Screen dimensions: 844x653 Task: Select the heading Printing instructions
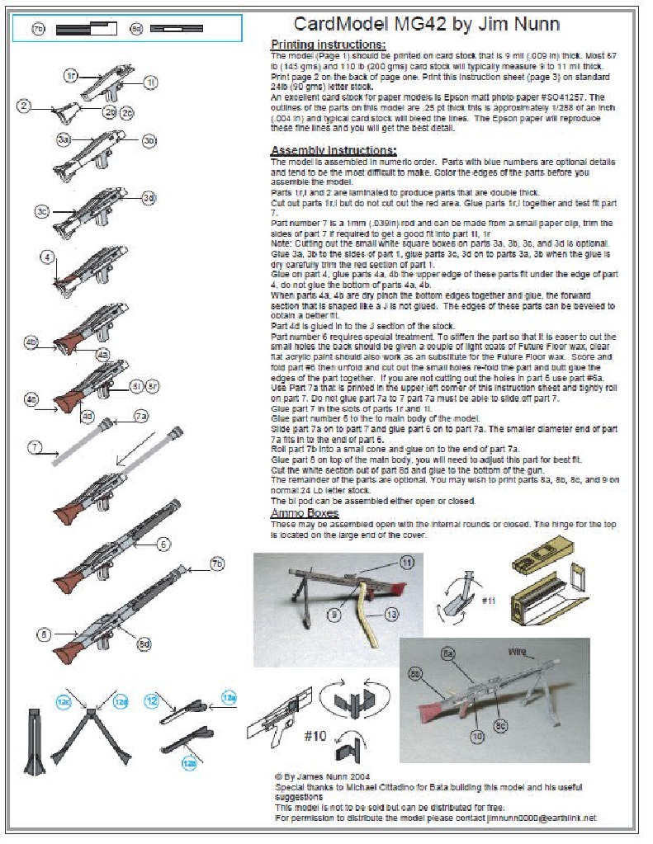tap(328, 44)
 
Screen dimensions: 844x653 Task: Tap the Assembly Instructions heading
tap(334, 150)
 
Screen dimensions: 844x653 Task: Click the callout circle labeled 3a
tap(64, 141)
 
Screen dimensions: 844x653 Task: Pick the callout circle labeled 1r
tap(72, 75)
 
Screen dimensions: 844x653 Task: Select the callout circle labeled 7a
tap(142, 417)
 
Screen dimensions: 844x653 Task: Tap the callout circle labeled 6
tap(163, 544)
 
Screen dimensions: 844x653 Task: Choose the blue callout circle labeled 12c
tap(63, 701)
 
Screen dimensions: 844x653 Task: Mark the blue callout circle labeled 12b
tap(189, 763)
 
